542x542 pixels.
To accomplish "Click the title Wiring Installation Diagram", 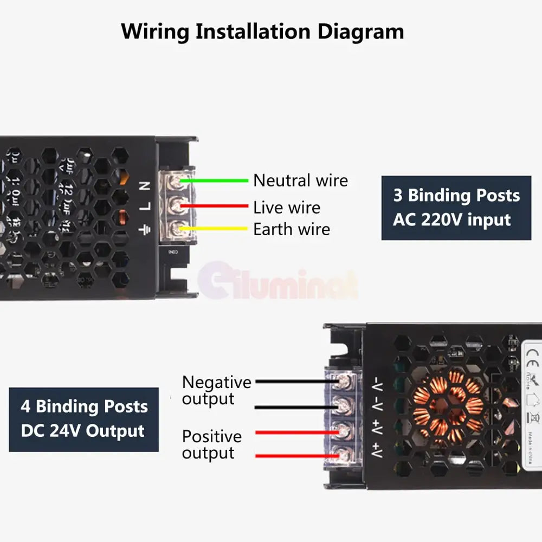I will coord(262,31).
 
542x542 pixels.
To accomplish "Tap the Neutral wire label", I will coord(300,180).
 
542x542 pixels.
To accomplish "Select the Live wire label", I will coord(286,207).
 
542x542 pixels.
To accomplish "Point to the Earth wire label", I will coord(291,229).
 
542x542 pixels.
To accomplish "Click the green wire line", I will coord(217,180).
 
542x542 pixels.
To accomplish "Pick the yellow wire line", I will coord(217,228).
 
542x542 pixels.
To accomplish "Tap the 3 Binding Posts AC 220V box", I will coord(456,208).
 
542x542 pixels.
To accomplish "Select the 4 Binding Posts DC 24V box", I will coord(83,419).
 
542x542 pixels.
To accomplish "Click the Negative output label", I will coord(216,390).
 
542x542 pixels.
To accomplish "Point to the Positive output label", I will coord(211,444).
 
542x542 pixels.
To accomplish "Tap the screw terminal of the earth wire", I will coord(177,229).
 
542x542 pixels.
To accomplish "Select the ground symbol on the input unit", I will coord(145,229).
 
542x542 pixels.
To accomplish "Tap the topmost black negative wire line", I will coord(293,382).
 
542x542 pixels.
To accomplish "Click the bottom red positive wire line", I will coord(293,456).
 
